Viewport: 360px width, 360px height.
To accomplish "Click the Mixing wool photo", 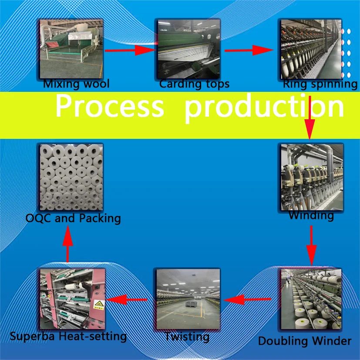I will click(71, 48).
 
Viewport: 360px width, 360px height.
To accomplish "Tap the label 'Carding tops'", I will click(194, 84).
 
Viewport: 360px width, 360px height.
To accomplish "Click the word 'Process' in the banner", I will click(109, 106).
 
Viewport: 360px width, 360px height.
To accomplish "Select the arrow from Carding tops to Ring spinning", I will click(250, 50).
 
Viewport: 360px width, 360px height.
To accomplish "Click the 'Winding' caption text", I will click(311, 215).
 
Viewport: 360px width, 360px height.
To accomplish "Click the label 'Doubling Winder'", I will click(305, 341).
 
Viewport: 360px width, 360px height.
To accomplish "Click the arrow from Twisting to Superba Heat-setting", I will click(127, 299).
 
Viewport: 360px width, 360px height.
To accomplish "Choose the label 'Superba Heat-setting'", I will click(68, 336).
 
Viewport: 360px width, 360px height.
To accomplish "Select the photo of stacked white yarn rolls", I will click(71, 177).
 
